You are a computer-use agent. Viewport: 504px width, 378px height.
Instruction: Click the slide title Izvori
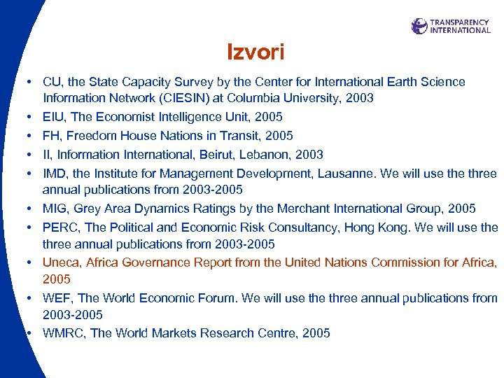(x=255, y=52)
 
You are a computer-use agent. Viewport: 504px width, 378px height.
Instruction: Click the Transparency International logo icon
(x=419, y=26)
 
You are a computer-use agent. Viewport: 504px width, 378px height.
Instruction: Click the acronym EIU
(x=52, y=117)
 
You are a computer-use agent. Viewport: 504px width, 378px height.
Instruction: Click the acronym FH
(x=50, y=136)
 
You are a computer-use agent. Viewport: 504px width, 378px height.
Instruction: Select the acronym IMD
(x=55, y=173)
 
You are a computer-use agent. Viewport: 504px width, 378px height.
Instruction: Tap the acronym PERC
(x=60, y=227)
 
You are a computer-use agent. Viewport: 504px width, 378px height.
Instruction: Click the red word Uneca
(x=61, y=262)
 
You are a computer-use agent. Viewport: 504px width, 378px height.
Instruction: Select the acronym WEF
(x=57, y=298)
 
